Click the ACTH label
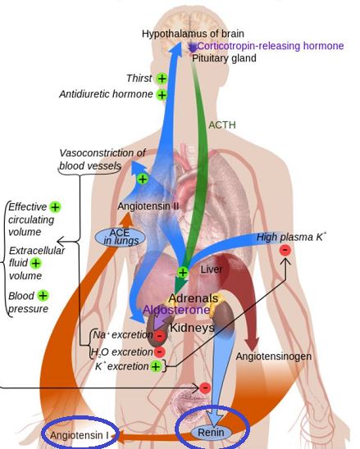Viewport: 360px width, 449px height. (222, 125)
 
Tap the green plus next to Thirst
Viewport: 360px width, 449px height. (162, 78)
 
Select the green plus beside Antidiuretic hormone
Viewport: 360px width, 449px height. (162, 94)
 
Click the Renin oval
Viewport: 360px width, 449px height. (212, 433)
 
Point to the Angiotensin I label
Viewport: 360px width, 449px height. (80, 435)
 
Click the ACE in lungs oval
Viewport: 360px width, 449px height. (120, 237)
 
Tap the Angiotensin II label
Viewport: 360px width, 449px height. (148, 206)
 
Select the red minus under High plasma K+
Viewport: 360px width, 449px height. (285, 250)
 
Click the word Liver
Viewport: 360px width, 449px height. (212, 270)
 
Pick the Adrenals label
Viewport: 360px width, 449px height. (194, 298)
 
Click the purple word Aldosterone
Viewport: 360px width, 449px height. (176, 310)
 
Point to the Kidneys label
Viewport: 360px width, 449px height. (192, 328)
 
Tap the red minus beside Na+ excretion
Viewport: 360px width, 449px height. (160, 336)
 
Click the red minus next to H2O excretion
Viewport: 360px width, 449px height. (160, 351)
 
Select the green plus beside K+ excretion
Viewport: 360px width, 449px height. (156, 366)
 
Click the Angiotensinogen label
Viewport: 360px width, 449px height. (274, 356)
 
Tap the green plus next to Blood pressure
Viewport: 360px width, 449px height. (43, 295)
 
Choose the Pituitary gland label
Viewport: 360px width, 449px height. (224, 58)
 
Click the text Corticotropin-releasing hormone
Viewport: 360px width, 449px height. (271, 46)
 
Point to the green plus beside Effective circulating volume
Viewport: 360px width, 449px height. (55, 206)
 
